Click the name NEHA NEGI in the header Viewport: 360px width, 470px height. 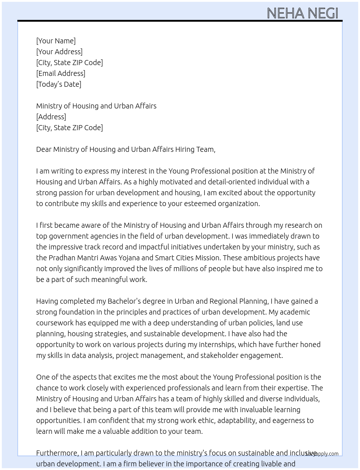(x=302, y=13)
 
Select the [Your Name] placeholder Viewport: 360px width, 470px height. (x=56, y=41)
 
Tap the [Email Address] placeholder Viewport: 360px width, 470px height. (x=61, y=73)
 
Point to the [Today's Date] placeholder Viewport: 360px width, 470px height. (x=59, y=84)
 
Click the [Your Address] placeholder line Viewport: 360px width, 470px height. (x=59, y=52)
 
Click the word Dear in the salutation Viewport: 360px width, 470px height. (x=44, y=149)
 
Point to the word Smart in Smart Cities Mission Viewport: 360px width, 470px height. (x=164, y=258)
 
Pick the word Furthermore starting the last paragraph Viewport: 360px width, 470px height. (x=57, y=453)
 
